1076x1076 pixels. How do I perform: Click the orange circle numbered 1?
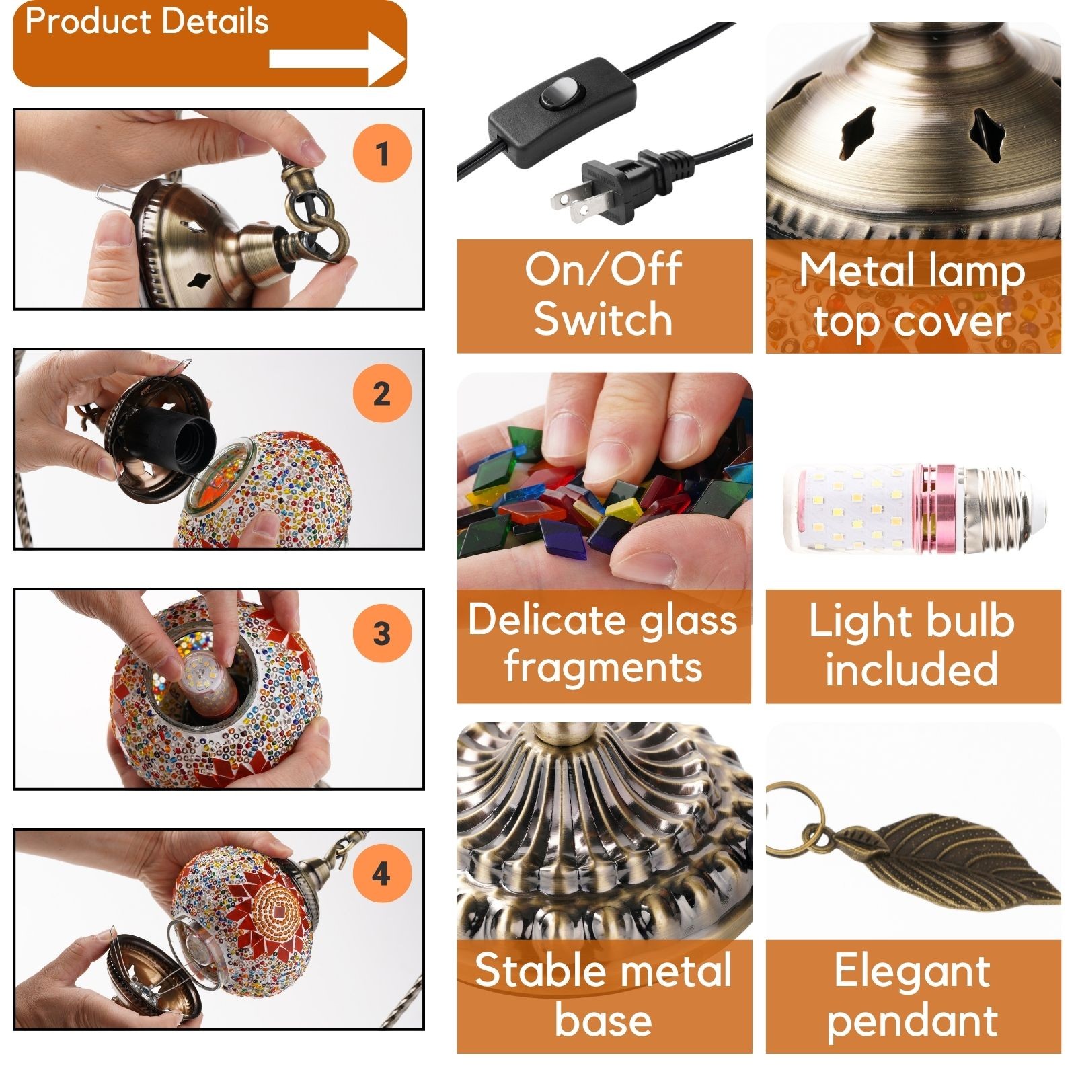[x=382, y=153]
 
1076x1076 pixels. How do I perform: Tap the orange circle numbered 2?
[x=382, y=393]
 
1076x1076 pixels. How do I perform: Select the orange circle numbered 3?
[x=382, y=633]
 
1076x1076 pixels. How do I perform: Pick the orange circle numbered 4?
[x=382, y=874]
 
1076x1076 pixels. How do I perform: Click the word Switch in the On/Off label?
[x=603, y=319]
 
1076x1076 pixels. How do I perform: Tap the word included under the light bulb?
[x=911, y=669]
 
